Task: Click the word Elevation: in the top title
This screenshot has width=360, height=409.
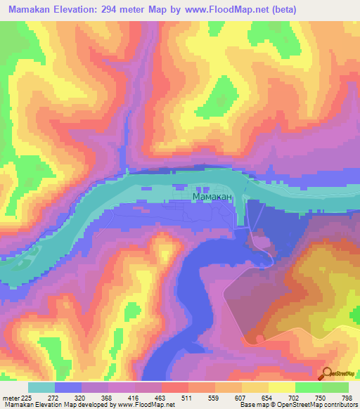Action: pos(84,9)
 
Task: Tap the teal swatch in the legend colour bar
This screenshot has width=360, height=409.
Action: pos(41,387)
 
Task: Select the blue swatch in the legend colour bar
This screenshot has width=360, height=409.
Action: pos(68,387)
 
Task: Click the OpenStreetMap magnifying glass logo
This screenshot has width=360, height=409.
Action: pos(328,373)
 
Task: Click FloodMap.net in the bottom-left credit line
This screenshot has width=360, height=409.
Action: pos(138,404)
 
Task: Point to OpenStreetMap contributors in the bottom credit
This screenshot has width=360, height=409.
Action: pos(319,404)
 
